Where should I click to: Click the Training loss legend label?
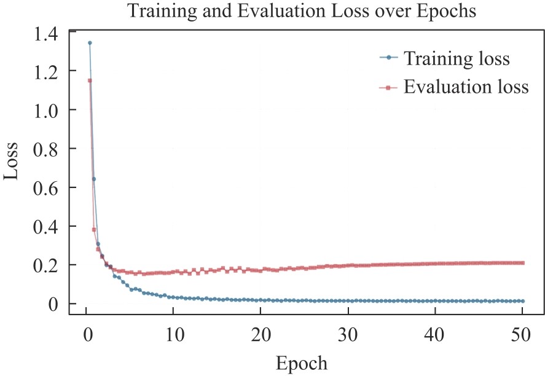click(457, 60)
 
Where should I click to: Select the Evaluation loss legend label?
click(466, 87)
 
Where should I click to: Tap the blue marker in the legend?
click(389, 60)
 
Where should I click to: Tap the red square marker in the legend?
click(389, 88)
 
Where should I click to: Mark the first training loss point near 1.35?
click(90, 43)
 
